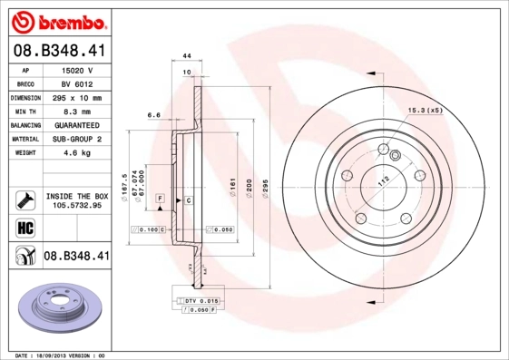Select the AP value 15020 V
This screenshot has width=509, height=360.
(x=78, y=70)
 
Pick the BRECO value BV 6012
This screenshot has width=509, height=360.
(x=78, y=83)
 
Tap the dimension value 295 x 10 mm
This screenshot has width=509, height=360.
(x=78, y=98)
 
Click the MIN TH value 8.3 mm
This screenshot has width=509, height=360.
(x=78, y=112)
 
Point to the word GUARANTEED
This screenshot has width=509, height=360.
(x=78, y=126)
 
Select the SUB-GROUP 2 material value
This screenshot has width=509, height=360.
(x=78, y=140)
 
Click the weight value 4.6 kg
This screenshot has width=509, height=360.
(x=78, y=154)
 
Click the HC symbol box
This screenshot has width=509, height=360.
(x=24, y=227)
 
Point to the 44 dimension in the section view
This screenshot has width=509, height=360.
(x=185, y=56)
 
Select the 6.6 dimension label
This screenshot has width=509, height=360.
(x=153, y=115)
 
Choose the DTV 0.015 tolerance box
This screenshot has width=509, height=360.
(x=197, y=300)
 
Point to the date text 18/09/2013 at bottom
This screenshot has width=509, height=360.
(x=60, y=355)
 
